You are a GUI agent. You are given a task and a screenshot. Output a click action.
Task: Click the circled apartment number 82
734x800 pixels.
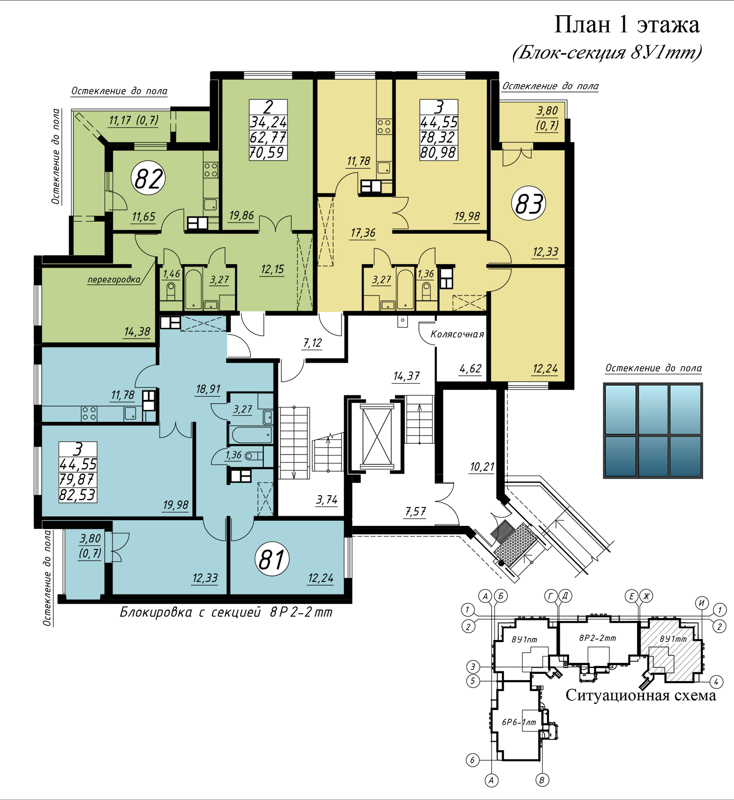(148, 178)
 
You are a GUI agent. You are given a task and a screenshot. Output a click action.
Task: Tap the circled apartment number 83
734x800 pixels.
(529, 204)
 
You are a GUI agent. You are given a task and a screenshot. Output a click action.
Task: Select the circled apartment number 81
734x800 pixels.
(272, 559)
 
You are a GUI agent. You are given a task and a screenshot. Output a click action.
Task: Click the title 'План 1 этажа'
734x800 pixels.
(626, 24)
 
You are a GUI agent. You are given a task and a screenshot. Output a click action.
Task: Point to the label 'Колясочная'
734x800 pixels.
(457, 334)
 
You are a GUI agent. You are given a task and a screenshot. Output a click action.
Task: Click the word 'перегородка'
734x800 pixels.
(114, 280)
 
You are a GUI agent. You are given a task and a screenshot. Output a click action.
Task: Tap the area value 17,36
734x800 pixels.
(363, 233)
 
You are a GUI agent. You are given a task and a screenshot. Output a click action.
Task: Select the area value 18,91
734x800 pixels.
(208, 389)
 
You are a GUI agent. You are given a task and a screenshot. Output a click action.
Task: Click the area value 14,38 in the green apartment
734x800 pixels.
(137, 332)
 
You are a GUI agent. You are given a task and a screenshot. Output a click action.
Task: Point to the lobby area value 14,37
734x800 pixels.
(406, 376)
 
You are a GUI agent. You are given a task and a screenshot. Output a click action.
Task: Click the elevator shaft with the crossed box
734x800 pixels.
(377, 435)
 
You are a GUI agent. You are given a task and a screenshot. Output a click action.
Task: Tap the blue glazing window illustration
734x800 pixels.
(653, 431)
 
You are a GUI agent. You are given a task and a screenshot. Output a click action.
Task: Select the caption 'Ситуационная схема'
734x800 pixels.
(641, 695)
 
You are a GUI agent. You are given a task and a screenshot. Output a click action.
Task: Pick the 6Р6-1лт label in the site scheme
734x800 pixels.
(519, 722)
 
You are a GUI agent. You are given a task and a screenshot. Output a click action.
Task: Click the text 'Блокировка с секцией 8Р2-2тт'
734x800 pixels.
(226, 612)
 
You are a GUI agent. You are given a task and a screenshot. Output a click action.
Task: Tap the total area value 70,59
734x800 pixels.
(267, 153)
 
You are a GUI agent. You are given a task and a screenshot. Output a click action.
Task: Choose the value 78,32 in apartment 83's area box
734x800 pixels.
(438, 137)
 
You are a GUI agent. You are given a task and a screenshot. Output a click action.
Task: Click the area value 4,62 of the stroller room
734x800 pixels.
(470, 368)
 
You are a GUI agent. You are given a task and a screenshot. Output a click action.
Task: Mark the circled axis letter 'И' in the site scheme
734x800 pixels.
(702, 603)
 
